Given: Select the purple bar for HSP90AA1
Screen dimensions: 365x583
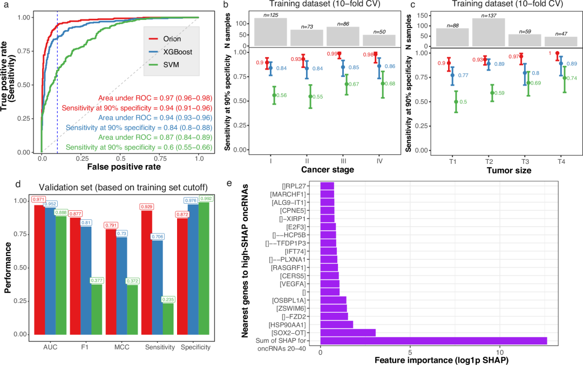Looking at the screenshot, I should (x=336, y=324).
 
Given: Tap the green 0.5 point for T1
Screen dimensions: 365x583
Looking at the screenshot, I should (x=456, y=101).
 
